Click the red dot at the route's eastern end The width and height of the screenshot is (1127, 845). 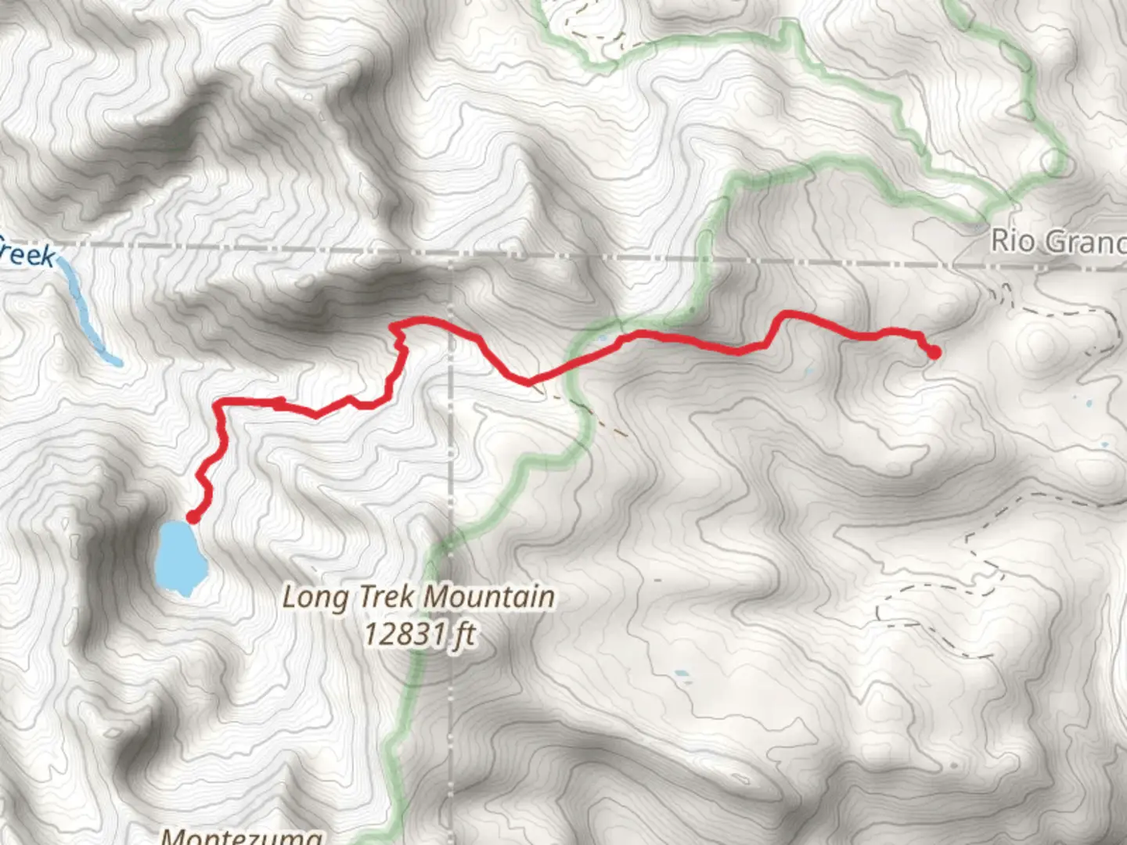[934, 352]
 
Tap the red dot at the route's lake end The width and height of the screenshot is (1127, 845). [193, 517]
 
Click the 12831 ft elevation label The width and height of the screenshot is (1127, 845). [419, 633]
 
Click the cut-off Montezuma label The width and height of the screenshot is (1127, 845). [241, 836]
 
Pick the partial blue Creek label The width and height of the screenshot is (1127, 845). [28, 255]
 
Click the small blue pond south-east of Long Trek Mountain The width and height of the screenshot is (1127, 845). [682, 674]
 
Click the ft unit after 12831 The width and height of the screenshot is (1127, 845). [463, 633]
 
